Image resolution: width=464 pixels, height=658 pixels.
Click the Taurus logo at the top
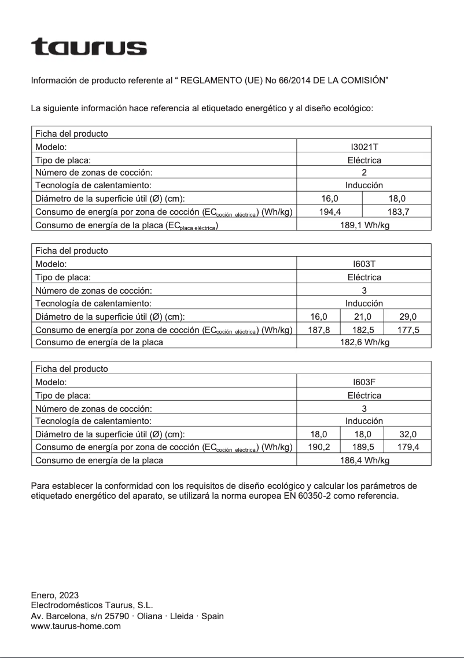[x=89, y=47]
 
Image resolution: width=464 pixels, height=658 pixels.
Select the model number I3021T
[x=364, y=148]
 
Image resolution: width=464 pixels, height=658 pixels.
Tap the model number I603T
[x=364, y=265]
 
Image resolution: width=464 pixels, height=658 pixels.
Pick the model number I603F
[x=364, y=382]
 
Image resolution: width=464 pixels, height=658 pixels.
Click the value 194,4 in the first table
[x=330, y=212]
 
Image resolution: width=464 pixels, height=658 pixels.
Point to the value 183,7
[x=398, y=212]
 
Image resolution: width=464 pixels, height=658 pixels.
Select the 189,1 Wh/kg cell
[x=364, y=225]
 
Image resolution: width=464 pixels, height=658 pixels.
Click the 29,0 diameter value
[x=408, y=317]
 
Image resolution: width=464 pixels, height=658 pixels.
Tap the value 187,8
[x=318, y=330]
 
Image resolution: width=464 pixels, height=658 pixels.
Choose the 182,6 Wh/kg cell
[x=364, y=342]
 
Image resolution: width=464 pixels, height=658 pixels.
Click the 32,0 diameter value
[x=408, y=434]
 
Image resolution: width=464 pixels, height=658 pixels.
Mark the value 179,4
[x=408, y=447]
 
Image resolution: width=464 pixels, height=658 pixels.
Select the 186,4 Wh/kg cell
[x=364, y=460]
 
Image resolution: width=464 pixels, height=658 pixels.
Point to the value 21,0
[x=363, y=317]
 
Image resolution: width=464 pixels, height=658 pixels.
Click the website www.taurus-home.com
[x=76, y=626]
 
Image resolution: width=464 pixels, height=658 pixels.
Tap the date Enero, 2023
[x=54, y=595]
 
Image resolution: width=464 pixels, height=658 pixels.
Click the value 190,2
[x=318, y=447]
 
